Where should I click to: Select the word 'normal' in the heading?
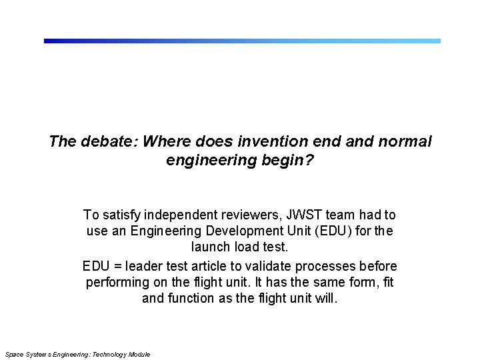[x=406, y=142]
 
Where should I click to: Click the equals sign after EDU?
[x=115, y=266]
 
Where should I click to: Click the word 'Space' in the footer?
[x=13, y=354]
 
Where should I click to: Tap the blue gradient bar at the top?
[x=242, y=41]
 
